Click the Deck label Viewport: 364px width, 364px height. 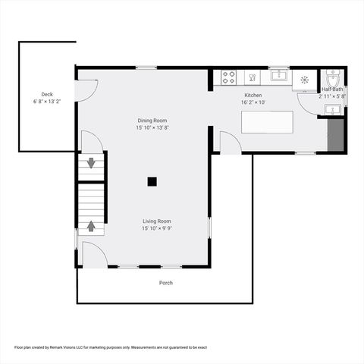pos(47,94)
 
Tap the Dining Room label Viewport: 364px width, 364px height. pos(152,121)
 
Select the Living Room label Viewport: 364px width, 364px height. pos(157,221)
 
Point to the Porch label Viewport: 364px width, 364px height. pos(165,283)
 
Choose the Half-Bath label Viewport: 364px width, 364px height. pos(332,89)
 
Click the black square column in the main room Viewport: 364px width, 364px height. pos(152,181)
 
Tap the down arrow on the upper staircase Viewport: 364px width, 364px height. pos(92,162)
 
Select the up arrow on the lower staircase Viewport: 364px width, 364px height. pos(92,225)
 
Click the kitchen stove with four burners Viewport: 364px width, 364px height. pos(228,77)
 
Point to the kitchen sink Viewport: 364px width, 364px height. pos(279,75)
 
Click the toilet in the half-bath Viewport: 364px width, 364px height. pos(333,78)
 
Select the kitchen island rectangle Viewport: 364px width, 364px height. pos(267,123)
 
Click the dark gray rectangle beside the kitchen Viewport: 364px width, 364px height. pos(335,135)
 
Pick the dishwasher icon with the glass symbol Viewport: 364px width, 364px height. pos(305,78)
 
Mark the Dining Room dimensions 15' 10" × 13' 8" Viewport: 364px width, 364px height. pos(152,128)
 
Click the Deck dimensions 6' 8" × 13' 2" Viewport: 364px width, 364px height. pos(47,101)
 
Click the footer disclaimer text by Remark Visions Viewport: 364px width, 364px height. pos(111,347)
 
